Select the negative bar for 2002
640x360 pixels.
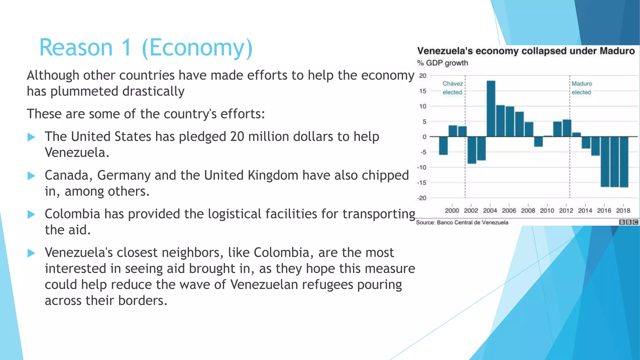[472, 150]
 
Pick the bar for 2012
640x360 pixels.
[567, 128]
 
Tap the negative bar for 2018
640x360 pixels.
[624, 162]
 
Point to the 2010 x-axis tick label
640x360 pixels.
[547, 211]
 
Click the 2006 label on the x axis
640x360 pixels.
[509, 211]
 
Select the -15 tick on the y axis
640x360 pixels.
[422, 183]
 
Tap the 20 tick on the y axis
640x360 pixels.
[422, 76]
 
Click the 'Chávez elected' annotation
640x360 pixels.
[452, 88]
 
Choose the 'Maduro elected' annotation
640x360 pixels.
[582, 88]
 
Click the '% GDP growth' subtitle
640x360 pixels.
[442, 63]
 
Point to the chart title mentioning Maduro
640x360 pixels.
[526, 51]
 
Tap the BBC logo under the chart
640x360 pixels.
[629, 222]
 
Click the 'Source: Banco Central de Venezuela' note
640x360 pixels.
[462, 222]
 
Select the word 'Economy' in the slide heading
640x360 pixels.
[197, 48]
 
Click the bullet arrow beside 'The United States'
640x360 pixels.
[31, 137]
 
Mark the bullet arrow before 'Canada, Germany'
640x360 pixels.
[31, 176]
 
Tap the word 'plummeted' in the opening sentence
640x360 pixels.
[84, 92]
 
